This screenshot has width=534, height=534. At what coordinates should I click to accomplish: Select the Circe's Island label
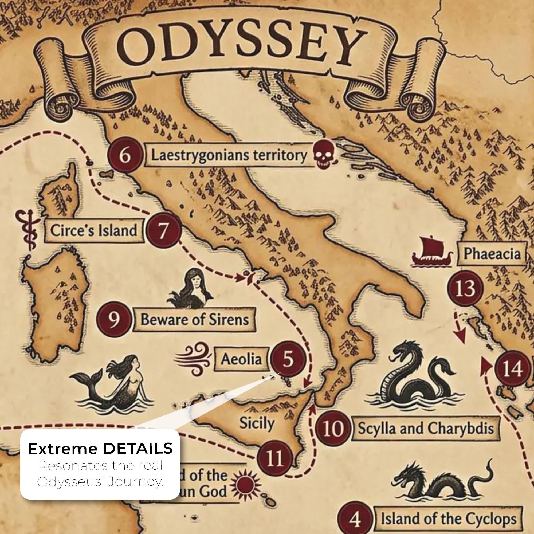(94, 230)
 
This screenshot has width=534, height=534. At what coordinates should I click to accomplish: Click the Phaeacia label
(492, 253)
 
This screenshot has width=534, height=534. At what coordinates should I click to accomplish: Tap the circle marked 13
(465, 288)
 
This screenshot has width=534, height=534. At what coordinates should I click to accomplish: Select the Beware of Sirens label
(194, 319)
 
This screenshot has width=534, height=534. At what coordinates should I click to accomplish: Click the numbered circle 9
(114, 319)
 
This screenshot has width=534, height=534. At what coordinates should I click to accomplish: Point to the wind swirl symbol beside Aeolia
(193, 359)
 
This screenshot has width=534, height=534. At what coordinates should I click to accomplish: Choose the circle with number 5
(288, 359)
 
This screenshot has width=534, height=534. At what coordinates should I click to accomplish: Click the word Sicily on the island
(257, 423)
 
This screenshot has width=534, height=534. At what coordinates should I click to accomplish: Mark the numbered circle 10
(333, 429)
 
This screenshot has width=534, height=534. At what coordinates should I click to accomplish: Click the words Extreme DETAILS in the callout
(100, 448)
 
